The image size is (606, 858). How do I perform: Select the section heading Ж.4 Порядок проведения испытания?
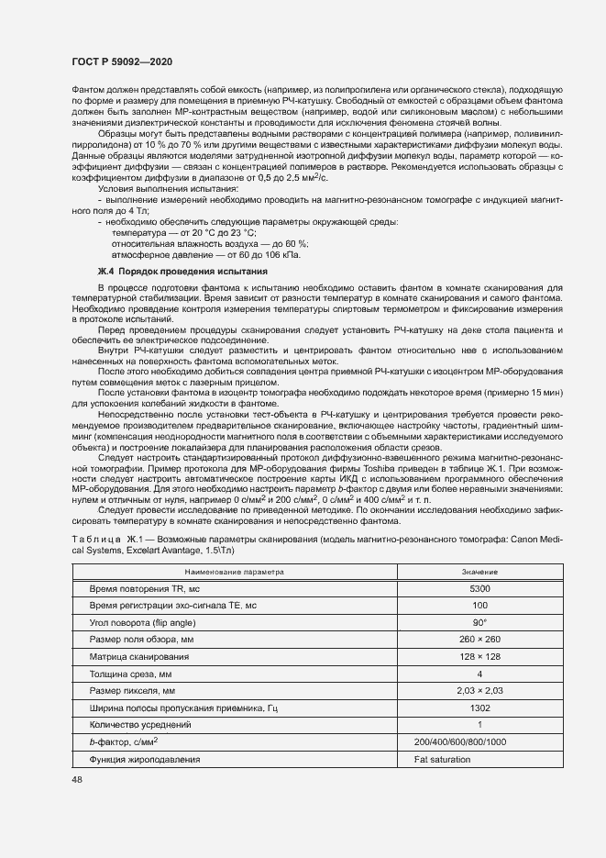182,272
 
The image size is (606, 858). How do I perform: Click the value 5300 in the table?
479,588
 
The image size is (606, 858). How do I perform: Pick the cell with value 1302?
479,708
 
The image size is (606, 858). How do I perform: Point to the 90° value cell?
479,622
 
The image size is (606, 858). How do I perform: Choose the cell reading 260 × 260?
479,639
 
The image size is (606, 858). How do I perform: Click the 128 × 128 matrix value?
479,656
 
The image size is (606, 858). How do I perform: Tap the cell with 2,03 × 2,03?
479,690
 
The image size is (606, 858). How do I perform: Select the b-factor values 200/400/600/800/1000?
459,741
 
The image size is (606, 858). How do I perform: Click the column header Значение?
479,571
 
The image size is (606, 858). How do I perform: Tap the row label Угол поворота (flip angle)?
147,622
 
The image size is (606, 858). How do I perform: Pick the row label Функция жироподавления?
144,760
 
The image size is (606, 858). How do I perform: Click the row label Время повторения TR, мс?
149,588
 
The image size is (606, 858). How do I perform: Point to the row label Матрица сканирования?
138,656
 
